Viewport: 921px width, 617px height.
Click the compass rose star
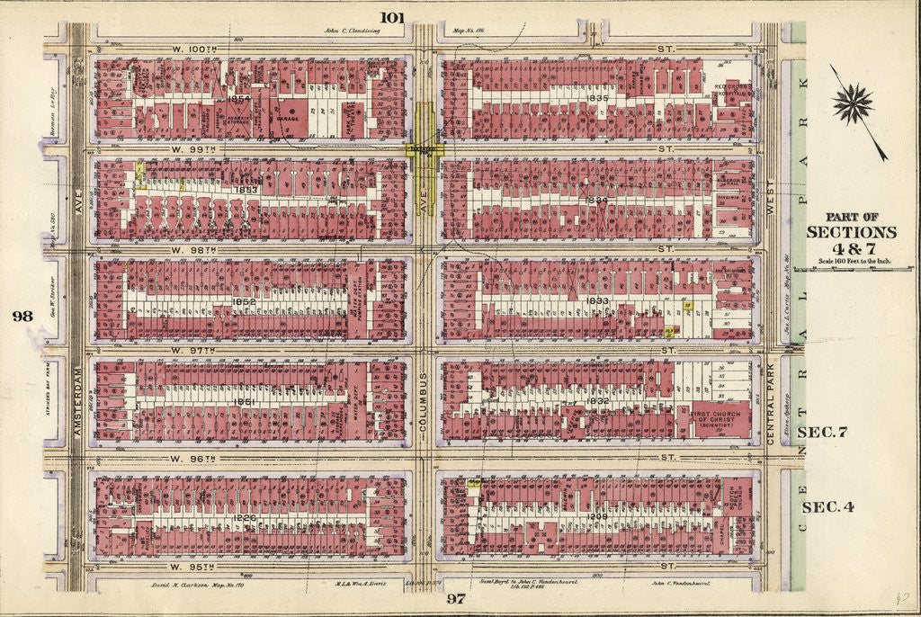852,103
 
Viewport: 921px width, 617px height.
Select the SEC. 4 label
826,506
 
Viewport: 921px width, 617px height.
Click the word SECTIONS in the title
850,232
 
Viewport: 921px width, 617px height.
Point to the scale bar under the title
850,262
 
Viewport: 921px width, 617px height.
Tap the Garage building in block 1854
287,118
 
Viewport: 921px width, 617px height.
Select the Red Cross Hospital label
733,90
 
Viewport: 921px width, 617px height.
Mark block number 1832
600,401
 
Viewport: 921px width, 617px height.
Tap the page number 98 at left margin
22,315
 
